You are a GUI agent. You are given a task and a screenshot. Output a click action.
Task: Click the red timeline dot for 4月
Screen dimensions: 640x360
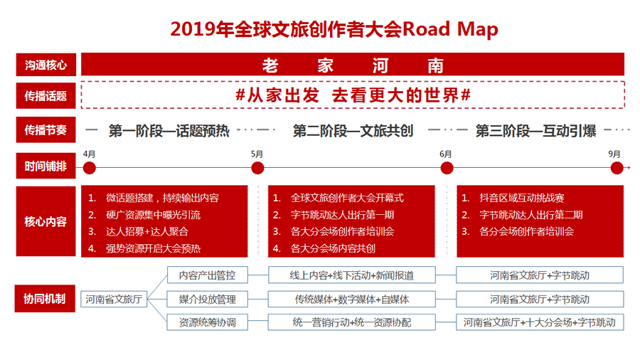pyautogui.click(x=90, y=168)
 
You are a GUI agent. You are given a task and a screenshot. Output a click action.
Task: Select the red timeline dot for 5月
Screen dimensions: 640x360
pyautogui.click(x=257, y=168)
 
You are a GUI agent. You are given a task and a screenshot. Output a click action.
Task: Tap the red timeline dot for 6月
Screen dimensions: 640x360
pyautogui.click(x=447, y=168)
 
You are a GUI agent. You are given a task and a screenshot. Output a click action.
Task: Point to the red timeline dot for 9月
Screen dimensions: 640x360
pyautogui.click(x=617, y=168)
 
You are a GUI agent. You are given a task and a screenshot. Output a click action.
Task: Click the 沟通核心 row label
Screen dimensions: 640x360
pyautogui.click(x=46, y=65)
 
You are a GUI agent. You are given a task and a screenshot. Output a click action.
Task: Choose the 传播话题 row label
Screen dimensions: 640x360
pyautogui.click(x=46, y=96)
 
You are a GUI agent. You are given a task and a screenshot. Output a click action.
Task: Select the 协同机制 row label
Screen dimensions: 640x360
pyautogui.click(x=45, y=298)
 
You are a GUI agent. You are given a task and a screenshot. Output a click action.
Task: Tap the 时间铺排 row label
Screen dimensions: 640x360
pyautogui.click(x=46, y=166)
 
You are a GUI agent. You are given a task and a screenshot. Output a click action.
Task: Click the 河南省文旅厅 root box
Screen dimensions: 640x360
pyautogui.click(x=114, y=300)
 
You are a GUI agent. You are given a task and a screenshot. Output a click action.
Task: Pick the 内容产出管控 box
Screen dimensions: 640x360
pyautogui.click(x=208, y=275)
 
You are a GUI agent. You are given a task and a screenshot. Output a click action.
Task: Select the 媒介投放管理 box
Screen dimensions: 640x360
pyautogui.click(x=208, y=300)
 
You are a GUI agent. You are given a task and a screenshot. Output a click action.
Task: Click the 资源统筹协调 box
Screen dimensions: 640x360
pyautogui.click(x=208, y=322)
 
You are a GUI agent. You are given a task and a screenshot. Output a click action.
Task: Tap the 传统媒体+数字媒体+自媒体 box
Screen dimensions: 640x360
pyautogui.click(x=352, y=300)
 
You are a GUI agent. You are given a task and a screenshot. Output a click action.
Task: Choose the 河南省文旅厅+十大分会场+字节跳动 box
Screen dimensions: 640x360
pyautogui.click(x=540, y=322)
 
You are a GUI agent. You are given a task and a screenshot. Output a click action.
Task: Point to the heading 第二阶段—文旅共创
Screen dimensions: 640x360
pyautogui.click(x=353, y=131)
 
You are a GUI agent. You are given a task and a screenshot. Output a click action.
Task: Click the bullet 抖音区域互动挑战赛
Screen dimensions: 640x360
pyautogui.click(x=522, y=198)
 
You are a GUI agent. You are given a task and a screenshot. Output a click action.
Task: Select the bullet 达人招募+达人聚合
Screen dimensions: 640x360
pyautogui.click(x=147, y=231)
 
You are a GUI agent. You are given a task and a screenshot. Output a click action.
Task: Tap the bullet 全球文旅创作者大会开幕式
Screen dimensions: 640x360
pyautogui.click(x=347, y=198)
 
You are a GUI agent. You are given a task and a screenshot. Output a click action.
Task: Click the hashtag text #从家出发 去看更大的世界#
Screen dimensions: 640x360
pyautogui.click(x=353, y=95)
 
